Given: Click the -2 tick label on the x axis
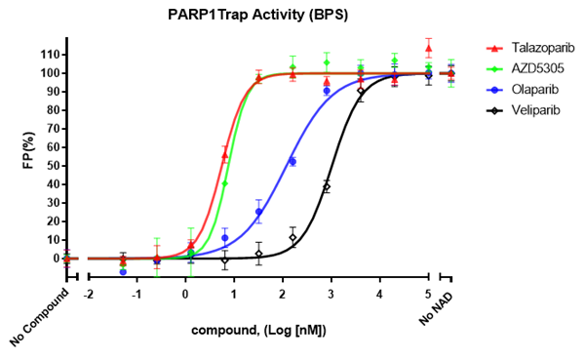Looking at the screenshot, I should pyautogui.click(x=88, y=293).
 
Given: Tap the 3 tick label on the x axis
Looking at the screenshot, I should pyautogui.click(x=331, y=293).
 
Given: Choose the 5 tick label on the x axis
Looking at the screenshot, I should pyautogui.click(x=428, y=293).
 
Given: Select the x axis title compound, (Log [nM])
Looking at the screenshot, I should pyautogui.click(x=258, y=331).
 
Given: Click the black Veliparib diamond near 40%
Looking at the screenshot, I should pyautogui.click(x=327, y=186).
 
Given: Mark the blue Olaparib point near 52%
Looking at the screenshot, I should pyautogui.click(x=292, y=161).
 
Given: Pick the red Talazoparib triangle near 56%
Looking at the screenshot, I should pyautogui.click(x=225, y=154).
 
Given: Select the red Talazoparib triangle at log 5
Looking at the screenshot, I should pyautogui.click(x=428, y=47).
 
